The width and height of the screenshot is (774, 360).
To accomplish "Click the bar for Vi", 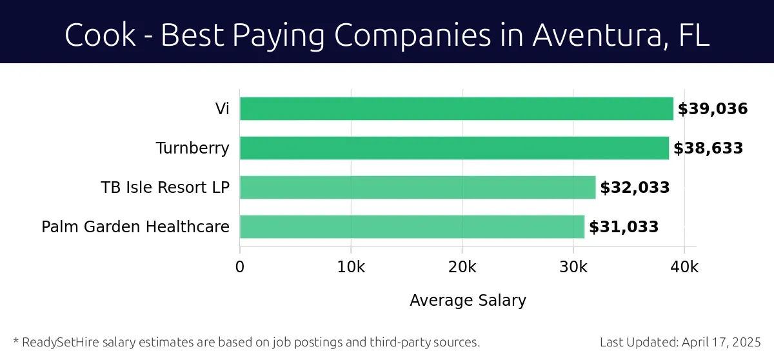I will click(x=456, y=108).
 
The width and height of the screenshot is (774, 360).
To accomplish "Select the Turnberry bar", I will click(x=454, y=148).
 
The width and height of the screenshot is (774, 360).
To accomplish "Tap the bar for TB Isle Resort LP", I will click(x=417, y=188).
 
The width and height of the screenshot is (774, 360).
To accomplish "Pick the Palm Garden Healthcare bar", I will click(x=412, y=227).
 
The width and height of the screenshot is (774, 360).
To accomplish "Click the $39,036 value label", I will click(x=712, y=109).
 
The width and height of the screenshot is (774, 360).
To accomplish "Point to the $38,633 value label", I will click(x=708, y=148).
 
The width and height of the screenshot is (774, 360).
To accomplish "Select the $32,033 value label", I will click(x=635, y=188).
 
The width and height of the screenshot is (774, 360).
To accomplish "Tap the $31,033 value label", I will click(x=624, y=227).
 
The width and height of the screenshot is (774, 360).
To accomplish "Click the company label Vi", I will click(x=222, y=109).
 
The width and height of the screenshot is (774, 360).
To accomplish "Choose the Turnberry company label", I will click(x=192, y=148).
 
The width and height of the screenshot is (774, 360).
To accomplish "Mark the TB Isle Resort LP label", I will click(x=165, y=188).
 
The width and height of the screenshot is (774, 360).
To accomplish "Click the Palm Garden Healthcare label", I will click(x=135, y=227).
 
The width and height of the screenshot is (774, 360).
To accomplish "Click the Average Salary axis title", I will click(x=468, y=301).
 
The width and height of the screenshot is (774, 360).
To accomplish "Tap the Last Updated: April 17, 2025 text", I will click(x=680, y=342).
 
